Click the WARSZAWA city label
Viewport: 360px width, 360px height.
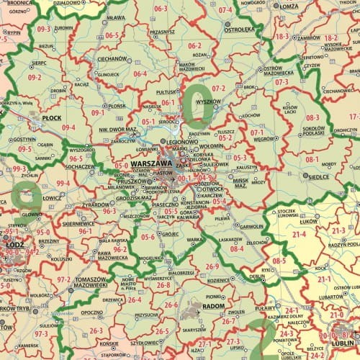[151, 165]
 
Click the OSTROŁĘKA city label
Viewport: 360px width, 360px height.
[240, 30]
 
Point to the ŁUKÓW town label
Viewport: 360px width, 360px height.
[308, 222]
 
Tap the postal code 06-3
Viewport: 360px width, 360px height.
[161, 9]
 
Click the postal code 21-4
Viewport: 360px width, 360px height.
[300, 235]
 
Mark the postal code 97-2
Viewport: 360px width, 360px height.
[64, 279]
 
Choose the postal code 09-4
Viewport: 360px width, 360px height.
[69, 127]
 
